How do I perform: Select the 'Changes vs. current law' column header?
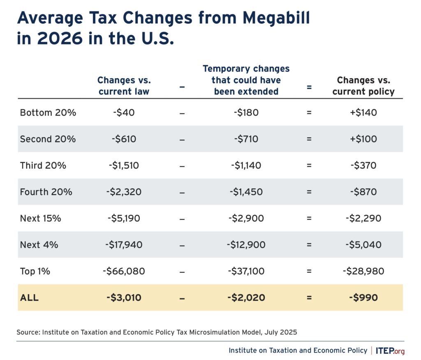tap(123, 86)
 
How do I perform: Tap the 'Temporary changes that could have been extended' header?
tap(246, 80)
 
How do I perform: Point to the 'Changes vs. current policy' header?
tap(363, 86)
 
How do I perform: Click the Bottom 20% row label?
tap(48, 112)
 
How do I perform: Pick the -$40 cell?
tap(123, 112)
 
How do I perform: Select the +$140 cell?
tap(363, 112)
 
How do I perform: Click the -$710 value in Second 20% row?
tap(246, 139)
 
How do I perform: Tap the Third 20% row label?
tap(43, 165)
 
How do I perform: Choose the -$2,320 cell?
tap(123, 192)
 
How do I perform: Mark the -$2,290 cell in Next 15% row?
tap(363, 218)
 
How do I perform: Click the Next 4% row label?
tap(39, 245)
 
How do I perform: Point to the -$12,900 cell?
tap(246, 245)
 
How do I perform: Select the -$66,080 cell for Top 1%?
tap(123, 271)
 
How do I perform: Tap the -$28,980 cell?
tap(363, 271)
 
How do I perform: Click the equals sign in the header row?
tap(309, 87)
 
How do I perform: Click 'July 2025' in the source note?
tap(281, 332)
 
